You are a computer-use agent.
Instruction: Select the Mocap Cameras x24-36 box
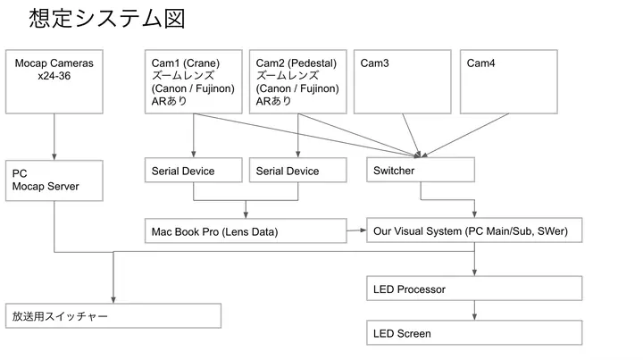click(x=55, y=81)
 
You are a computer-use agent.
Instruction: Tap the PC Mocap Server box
click(x=55, y=180)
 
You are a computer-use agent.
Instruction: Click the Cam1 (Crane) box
click(x=194, y=81)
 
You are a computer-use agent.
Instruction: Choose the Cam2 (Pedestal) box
click(x=297, y=81)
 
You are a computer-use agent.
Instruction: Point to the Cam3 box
click(x=403, y=81)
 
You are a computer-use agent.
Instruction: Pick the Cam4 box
click(x=508, y=81)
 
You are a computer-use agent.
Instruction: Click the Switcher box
click(x=421, y=170)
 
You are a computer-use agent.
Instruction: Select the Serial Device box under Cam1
click(x=194, y=171)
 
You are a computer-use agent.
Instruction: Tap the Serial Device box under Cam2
click(x=297, y=171)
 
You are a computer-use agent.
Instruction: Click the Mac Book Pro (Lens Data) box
click(x=246, y=231)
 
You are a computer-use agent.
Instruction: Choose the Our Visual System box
click(x=474, y=231)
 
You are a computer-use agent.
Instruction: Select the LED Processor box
click(x=474, y=289)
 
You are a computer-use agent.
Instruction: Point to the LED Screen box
click(x=474, y=333)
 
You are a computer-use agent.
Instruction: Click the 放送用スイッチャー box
click(x=113, y=315)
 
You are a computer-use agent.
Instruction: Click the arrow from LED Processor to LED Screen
click(x=474, y=311)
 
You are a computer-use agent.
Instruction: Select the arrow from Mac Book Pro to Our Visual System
click(x=356, y=231)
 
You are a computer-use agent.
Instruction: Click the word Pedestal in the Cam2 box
click(x=313, y=63)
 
